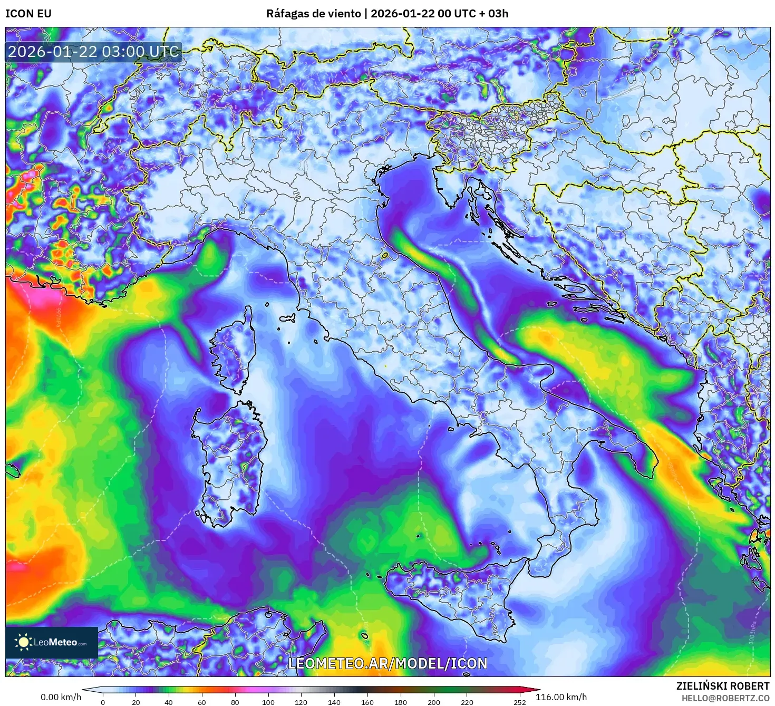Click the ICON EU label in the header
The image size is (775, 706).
tap(28, 14)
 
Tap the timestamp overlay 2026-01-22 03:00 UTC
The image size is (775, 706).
tap(93, 52)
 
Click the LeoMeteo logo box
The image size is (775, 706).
tap(52, 642)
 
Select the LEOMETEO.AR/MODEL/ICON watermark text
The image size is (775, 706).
tap(387, 663)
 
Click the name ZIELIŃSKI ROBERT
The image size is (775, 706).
tap(723, 686)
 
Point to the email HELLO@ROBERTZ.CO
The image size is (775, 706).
tap(725, 698)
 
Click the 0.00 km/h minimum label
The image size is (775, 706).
tap(61, 697)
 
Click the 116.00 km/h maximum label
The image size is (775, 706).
tap(561, 697)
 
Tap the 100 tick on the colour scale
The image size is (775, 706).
tap(268, 702)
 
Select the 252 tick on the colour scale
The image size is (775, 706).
tap(520, 702)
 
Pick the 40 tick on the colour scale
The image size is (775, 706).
tap(169, 702)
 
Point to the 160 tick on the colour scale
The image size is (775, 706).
tap(367, 702)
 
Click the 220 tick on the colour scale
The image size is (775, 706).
tap(467, 702)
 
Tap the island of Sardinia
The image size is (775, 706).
tap(229, 459)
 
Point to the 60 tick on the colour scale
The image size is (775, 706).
tap(202, 702)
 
